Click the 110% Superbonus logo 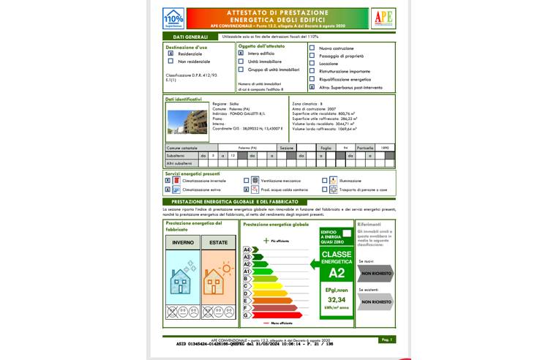(173, 18)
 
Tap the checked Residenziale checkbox (170, 53)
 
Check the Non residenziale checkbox (170, 61)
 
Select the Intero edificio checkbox (241, 53)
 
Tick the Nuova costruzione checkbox (312, 48)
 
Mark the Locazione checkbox (312, 64)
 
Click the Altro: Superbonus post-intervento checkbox (312, 87)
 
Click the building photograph (184, 119)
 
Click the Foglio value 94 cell (345, 148)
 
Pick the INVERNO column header (182, 242)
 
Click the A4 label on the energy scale (247, 250)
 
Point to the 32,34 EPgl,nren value (337, 299)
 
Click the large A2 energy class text (337, 274)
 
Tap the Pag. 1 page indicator (387, 340)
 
